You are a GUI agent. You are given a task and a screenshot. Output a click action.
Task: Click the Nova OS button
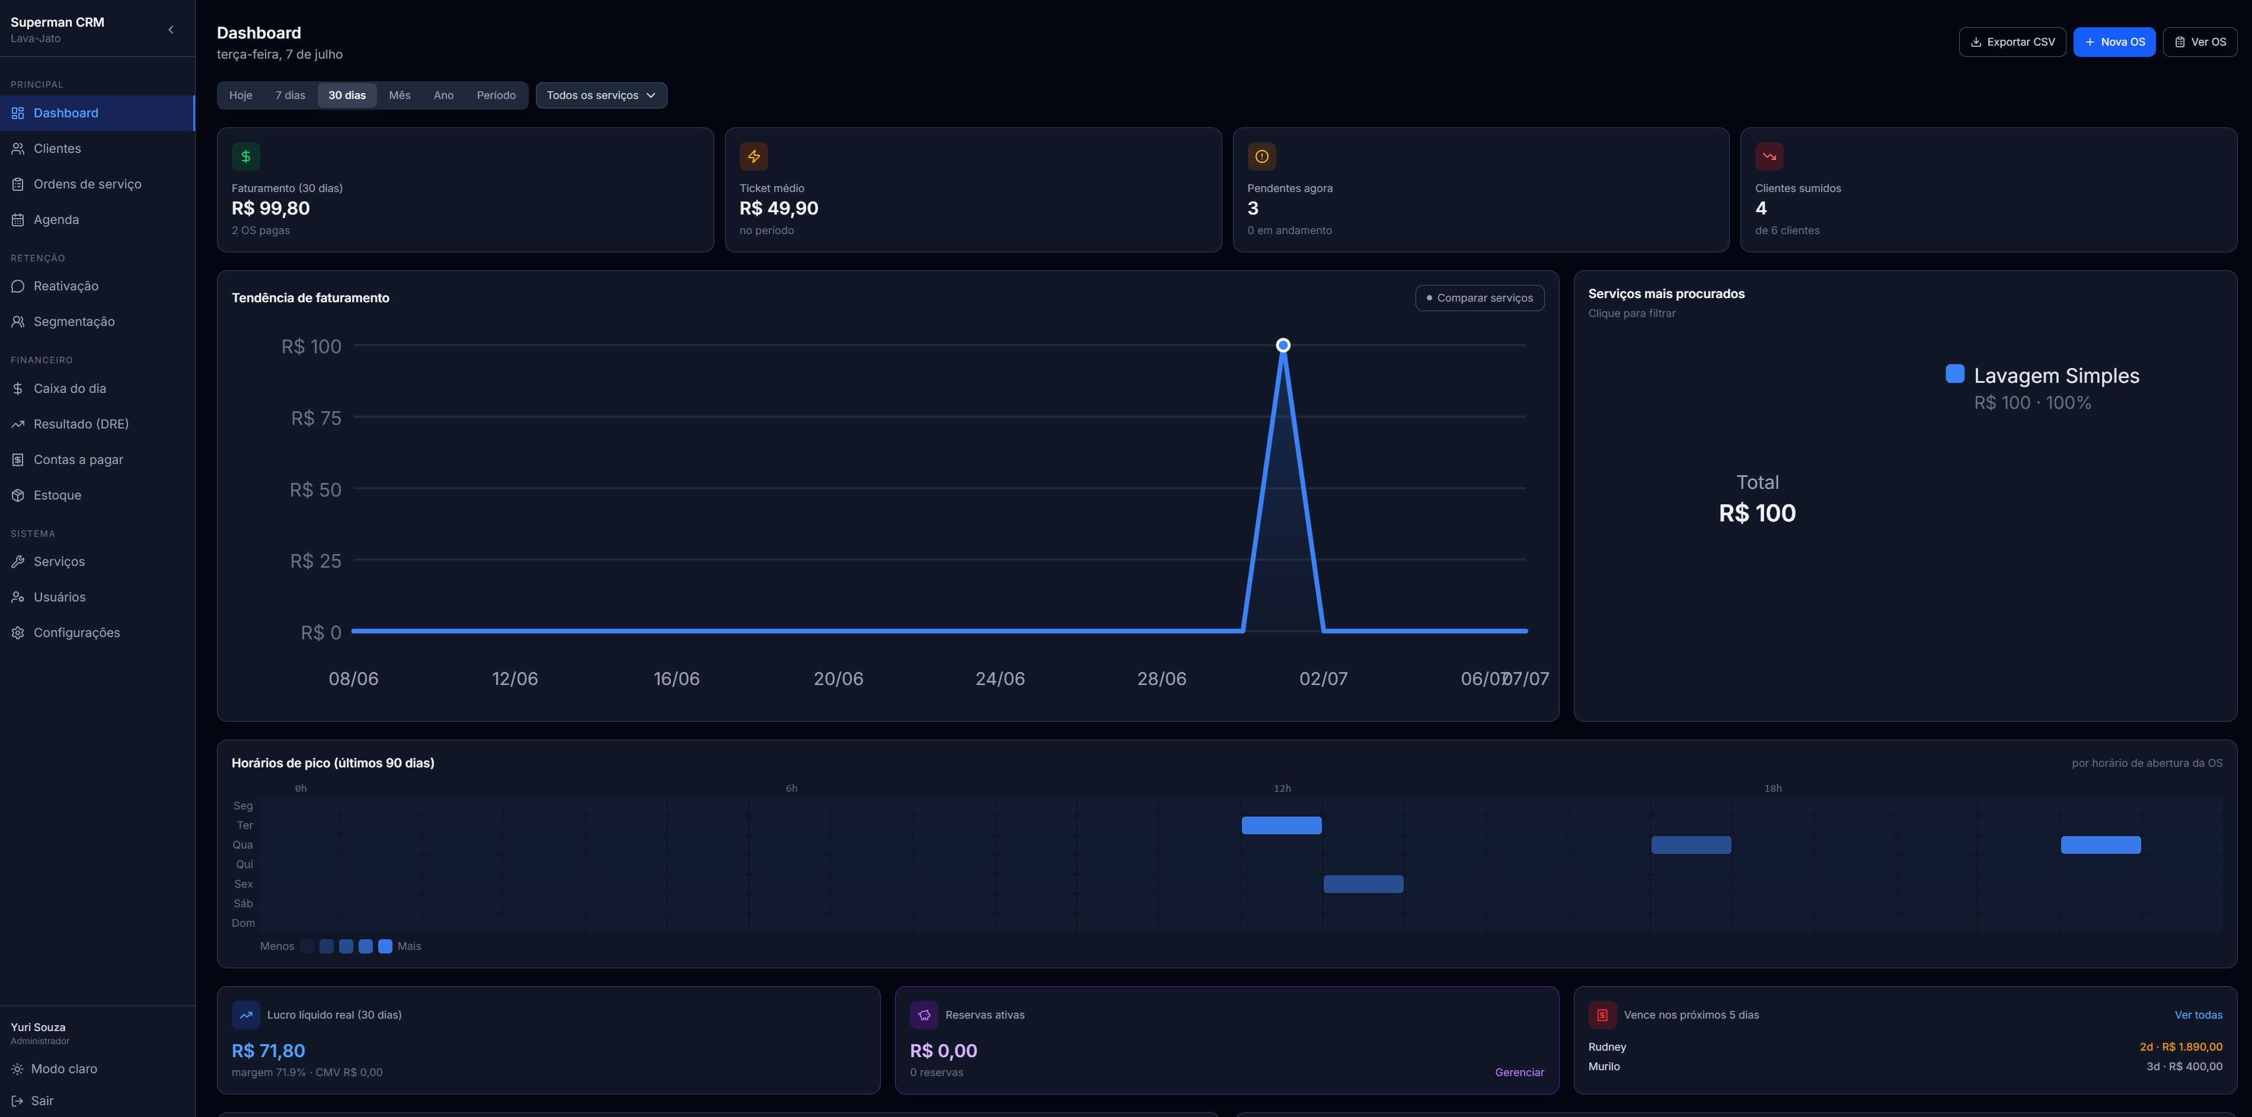click(x=2114, y=42)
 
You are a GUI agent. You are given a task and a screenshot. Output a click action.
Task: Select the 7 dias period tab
click(x=290, y=95)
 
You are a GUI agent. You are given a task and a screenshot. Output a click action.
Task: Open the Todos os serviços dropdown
click(x=600, y=95)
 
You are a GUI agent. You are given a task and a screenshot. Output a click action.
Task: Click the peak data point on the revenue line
click(x=1282, y=345)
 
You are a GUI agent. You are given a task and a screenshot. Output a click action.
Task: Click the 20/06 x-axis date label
click(x=838, y=678)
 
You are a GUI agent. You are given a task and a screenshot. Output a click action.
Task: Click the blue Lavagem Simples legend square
click(x=1955, y=373)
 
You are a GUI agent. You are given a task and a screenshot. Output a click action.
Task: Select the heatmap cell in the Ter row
click(x=1282, y=825)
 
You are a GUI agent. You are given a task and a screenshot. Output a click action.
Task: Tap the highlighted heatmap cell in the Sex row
click(x=1363, y=884)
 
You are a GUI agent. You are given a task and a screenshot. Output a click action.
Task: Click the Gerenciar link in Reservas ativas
click(x=1519, y=1073)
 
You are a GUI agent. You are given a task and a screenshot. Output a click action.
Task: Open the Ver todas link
click(x=2198, y=1014)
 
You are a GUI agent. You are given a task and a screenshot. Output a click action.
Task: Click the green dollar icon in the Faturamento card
click(x=245, y=156)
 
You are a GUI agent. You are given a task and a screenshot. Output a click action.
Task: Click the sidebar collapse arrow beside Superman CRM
click(x=171, y=30)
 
